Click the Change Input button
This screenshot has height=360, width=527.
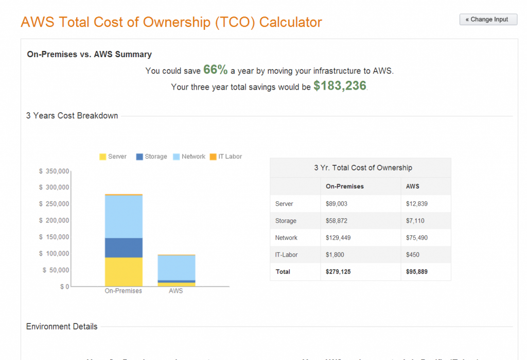pyautogui.click(x=488, y=20)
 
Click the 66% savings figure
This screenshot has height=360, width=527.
pyautogui.click(x=215, y=70)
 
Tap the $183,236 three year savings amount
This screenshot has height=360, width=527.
pyautogui.click(x=340, y=86)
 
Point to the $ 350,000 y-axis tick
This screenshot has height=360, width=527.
pyautogui.click(x=54, y=170)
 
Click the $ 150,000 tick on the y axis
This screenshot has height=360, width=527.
pyautogui.click(x=54, y=237)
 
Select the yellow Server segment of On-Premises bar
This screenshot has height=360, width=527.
pyautogui.click(x=124, y=271)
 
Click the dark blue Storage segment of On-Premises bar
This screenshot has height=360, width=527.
pyautogui.click(x=124, y=248)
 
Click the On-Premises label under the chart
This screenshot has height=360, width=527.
pyautogui.click(x=124, y=291)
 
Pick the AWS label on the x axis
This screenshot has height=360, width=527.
pyautogui.click(x=176, y=291)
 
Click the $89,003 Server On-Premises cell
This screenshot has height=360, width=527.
pyautogui.click(x=337, y=204)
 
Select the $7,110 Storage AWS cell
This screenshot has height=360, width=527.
pyautogui.click(x=415, y=221)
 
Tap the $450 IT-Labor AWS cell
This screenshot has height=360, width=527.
pyautogui.click(x=412, y=254)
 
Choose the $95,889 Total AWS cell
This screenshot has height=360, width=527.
pyautogui.click(x=416, y=271)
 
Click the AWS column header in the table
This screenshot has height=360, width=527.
pyautogui.click(x=412, y=186)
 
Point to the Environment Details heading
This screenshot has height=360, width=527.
pyautogui.click(x=62, y=327)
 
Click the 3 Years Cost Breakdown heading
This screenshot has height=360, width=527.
pyautogui.click(x=72, y=116)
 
